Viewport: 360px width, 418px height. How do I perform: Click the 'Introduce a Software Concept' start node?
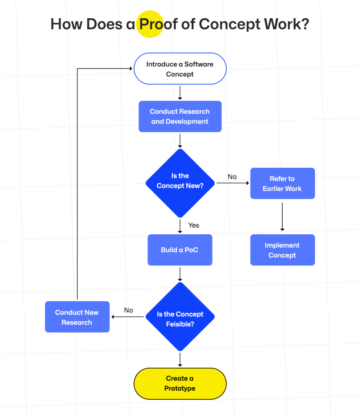pyautogui.click(x=180, y=69)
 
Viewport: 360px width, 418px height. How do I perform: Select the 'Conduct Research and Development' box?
pyautogui.click(x=180, y=116)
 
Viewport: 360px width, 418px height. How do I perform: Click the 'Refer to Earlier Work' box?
pyautogui.click(x=282, y=184)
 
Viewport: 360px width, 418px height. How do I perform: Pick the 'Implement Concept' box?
pyautogui.click(x=282, y=250)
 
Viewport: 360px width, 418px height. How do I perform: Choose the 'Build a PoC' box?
pyautogui.click(x=180, y=250)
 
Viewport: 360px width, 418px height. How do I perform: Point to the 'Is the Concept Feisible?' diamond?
pyautogui.click(x=180, y=317)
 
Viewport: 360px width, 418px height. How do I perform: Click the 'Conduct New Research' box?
pyautogui.click(x=77, y=317)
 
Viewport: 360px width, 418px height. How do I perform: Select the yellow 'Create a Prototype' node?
pyautogui.click(x=180, y=383)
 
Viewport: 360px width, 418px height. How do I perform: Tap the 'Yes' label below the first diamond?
pyautogui.click(x=194, y=225)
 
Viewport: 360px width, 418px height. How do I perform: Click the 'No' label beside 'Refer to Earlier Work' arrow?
pyautogui.click(x=232, y=177)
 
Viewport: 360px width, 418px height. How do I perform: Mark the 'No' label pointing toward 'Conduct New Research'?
pyautogui.click(x=128, y=310)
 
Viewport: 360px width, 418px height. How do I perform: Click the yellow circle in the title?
pyautogui.click(x=150, y=24)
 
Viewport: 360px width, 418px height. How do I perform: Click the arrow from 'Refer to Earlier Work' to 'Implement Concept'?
pyautogui.click(x=282, y=216)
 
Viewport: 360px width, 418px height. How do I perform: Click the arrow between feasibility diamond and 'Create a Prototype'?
pyautogui.click(x=180, y=359)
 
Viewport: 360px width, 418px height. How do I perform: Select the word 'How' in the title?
pyautogui.click(x=66, y=24)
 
